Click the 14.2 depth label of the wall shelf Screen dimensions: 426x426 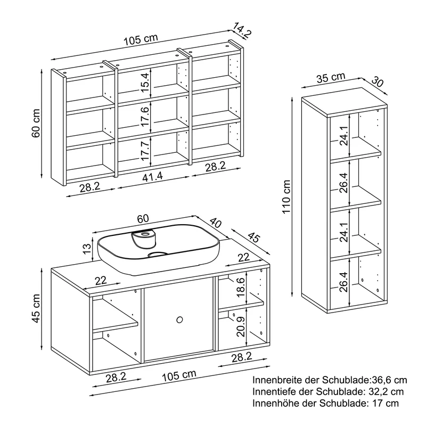pyautogui.click(x=242, y=30)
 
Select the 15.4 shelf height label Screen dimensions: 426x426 pyautogui.click(x=145, y=83)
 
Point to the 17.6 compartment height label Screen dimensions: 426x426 pyautogui.click(x=145, y=116)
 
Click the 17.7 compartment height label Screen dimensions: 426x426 pyautogui.click(x=145, y=151)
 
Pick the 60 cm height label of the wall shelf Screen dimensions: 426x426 pyautogui.click(x=36, y=124)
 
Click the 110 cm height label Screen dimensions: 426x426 pyautogui.click(x=286, y=197)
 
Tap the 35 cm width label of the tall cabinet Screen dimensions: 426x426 pyautogui.click(x=331, y=78)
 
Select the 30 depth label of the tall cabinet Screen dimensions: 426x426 pyautogui.click(x=377, y=82)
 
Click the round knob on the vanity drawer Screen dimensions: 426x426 pyautogui.click(x=179, y=320)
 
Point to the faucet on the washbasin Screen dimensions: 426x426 pyautogui.click(x=144, y=239)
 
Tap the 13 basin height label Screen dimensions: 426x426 pyautogui.click(x=87, y=249)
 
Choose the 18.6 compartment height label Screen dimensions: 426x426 pyautogui.click(x=241, y=288)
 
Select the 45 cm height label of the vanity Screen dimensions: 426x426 pyautogui.click(x=36, y=308)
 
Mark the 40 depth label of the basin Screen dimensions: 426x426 pyautogui.click(x=216, y=223)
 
